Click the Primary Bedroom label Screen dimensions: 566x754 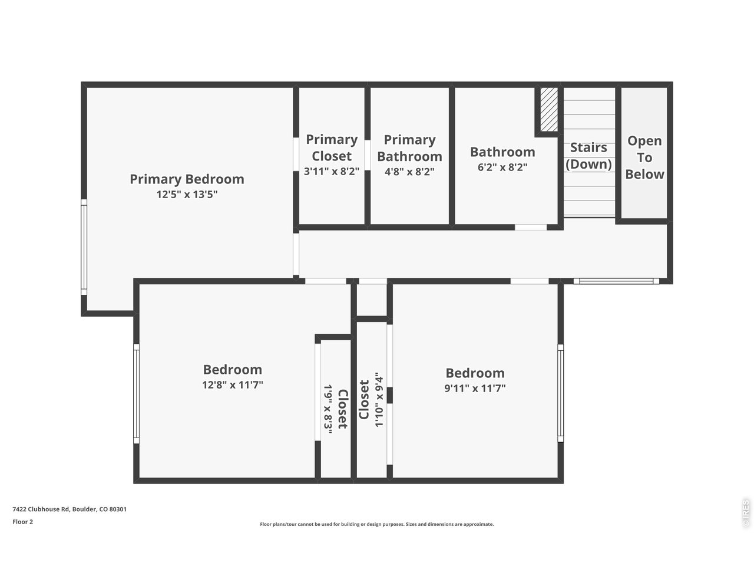(x=187, y=179)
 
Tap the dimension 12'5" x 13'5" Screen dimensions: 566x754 (x=187, y=195)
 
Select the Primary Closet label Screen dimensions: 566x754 (x=332, y=147)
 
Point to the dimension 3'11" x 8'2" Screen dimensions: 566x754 (x=332, y=172)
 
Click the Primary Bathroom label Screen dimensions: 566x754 (x=409, y=148)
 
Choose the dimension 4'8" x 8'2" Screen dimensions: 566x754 (x=409, y=172)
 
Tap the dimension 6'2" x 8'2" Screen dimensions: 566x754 (x=502, y=167)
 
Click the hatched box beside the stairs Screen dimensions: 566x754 (x=549, y=110)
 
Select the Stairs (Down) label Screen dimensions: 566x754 (x=588, y=156)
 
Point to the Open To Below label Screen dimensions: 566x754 (x=644, y=157)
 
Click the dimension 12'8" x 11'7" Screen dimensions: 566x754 (x=232, y=385)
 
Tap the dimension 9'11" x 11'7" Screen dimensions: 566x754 (x=475, y=388)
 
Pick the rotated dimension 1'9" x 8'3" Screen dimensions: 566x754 (x=328, y=409)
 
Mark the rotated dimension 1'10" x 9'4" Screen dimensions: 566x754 (x=379, y=402)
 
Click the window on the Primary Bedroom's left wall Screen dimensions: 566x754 (x=84, y=246)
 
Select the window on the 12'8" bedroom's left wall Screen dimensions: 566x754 (x=136, y=394)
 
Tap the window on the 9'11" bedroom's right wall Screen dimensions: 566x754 (x=560, y=393)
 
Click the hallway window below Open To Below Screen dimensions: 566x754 (x=616, y=281)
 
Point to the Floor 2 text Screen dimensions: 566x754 (x=23, y=522)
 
